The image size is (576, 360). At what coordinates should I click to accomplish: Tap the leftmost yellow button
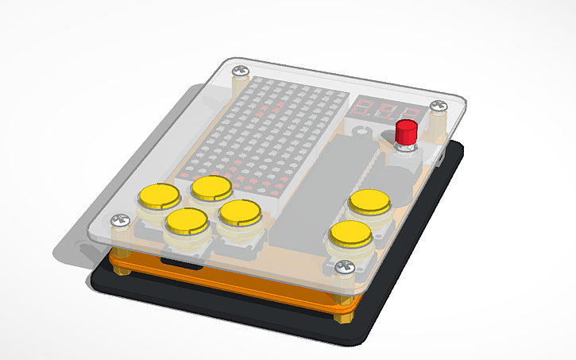pyautogui.click(x=158, y=195)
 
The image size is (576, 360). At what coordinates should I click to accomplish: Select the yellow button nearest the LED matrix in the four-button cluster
pyautogui.click(x=211, y=187)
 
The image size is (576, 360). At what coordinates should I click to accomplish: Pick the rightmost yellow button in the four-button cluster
pyautogui.click(x=239, y=211)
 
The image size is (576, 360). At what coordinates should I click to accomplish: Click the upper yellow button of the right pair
pyautogui.click(x=369, y=201)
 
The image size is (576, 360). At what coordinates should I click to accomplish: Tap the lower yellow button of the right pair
pyautogui.click(x=350, y=234)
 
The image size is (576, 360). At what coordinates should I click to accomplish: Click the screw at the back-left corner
pyautogui.click(x=238, y=73)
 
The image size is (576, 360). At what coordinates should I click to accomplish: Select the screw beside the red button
pyautogui.click(x=439, y=105)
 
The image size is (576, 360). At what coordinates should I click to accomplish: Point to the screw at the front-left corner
pyautogui.click(x=121, y=219)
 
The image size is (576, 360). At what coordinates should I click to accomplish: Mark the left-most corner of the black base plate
pyautogui.click(x=92, y=277)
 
